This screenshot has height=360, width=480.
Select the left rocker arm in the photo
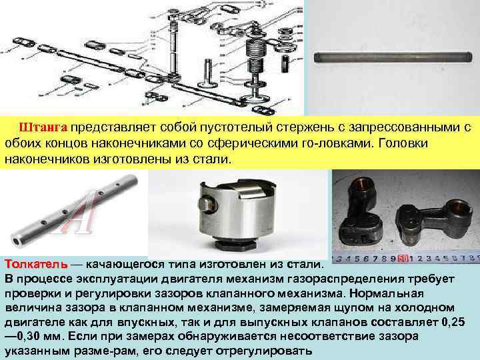(x=364, y=213)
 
